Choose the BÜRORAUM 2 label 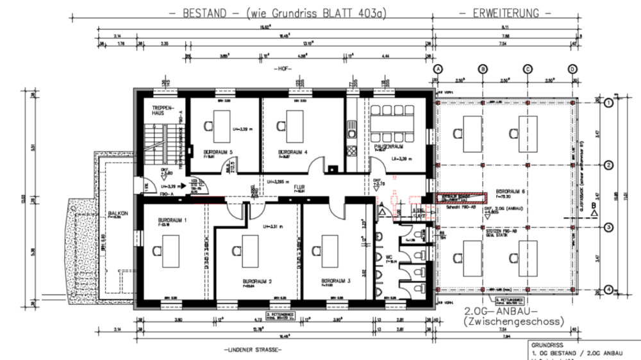tap(257, 281)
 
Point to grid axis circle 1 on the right tap(608, 102)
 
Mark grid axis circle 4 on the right tap(608, 290)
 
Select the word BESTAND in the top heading tap(204, 13)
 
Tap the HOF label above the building tap(283, 68)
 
